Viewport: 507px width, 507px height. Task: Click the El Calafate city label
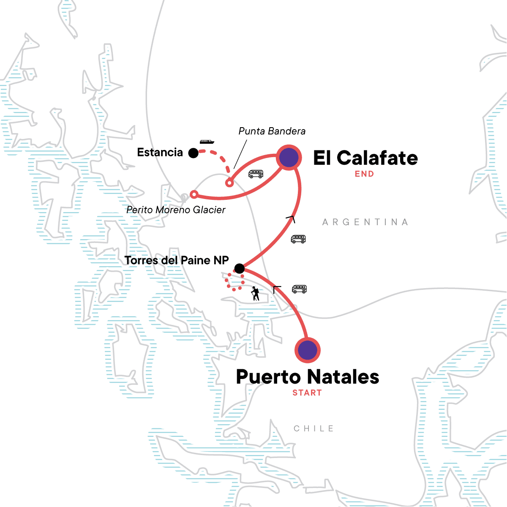click(365, 158)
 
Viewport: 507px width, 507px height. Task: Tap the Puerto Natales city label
click(308, 377)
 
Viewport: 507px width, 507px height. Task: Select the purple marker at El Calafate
click(289, 158)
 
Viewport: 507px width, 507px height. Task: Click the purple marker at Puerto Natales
click(308, 350)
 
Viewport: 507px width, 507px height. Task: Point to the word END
click(364, 174)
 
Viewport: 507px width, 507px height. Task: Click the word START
click(307, 393)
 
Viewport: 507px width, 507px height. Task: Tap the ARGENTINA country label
click(365, 222)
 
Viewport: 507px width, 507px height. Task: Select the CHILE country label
click(314, 428)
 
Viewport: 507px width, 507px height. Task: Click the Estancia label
click(160, 153)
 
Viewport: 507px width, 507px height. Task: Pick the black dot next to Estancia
click(193, 153)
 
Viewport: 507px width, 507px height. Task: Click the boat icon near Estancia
click(207, 142)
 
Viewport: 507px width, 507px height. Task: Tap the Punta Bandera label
click(272, 131)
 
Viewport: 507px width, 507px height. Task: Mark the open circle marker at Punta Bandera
click(229, 183)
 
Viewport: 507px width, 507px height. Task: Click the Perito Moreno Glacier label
click(176, 210)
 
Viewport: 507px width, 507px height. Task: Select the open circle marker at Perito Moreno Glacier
click(194, 194)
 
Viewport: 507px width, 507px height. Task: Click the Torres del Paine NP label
click(177, 260)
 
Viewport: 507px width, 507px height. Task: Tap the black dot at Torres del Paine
click(239, 268)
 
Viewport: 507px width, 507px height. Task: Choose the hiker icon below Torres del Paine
click(255, 293)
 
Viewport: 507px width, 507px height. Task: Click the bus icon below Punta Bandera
click(256, 174)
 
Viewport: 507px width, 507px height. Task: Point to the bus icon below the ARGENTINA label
click(298, 239)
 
